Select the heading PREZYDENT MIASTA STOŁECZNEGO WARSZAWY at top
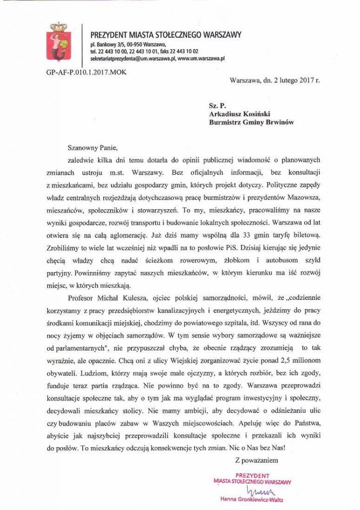click(165, 35)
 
